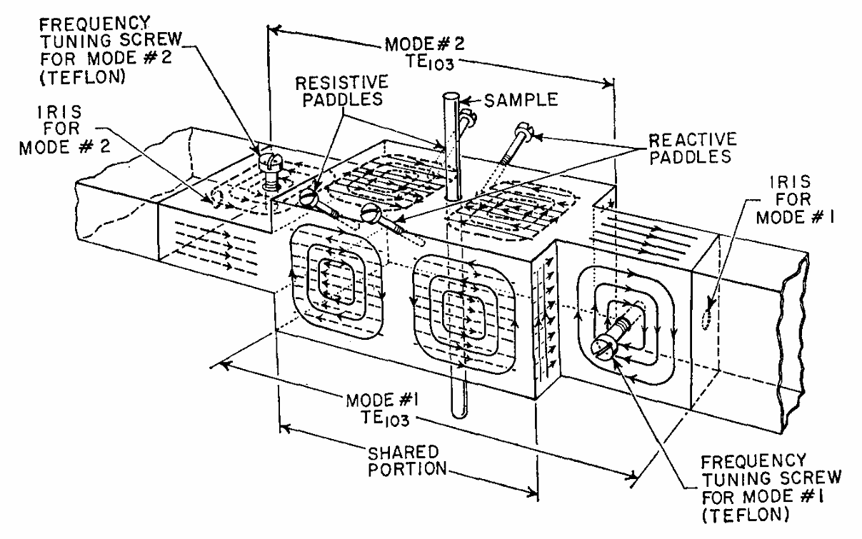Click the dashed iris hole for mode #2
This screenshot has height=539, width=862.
[x=212, y=198]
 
